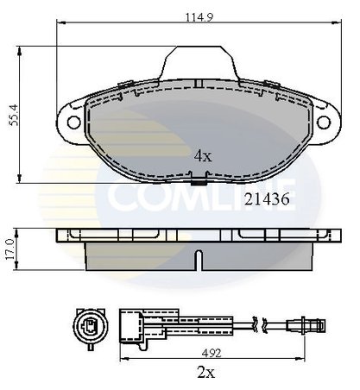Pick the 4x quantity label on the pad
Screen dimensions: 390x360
coord(203,157)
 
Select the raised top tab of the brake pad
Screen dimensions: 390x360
coord(198,60)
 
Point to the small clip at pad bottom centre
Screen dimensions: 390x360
coord(198,181)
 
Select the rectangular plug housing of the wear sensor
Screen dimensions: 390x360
coord(134,324)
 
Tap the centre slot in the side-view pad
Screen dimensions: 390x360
coord(198,258)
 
